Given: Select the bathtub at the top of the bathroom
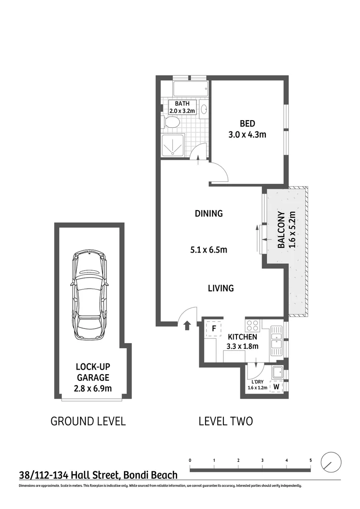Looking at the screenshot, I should pos(190,89).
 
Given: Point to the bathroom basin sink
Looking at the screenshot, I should pos(204,109).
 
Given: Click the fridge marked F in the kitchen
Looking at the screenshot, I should pos(213,328).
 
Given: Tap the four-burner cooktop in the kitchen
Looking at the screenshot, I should pos(251,325).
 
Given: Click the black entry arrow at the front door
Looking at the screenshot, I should pos(187,324).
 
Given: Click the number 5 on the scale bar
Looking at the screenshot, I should pos(311,460).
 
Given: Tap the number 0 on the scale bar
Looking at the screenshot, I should pos(190,460).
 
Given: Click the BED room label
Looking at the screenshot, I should pos(247,123).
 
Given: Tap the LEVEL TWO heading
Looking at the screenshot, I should pos(225,421).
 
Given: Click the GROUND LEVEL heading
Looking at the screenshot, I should pos(88,421).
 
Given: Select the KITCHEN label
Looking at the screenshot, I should pos(242,337).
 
